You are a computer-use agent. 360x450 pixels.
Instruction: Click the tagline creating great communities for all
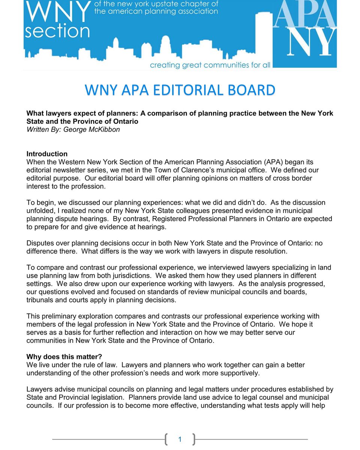click(x=210, y=65)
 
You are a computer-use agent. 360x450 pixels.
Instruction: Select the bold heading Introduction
click(x=47, y=154)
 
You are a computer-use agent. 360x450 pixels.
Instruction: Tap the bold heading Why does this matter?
click(x=64, y=357)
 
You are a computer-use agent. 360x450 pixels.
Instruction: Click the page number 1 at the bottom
click(x=180, y=439)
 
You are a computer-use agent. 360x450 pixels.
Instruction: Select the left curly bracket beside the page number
click(x=166, y=439)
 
